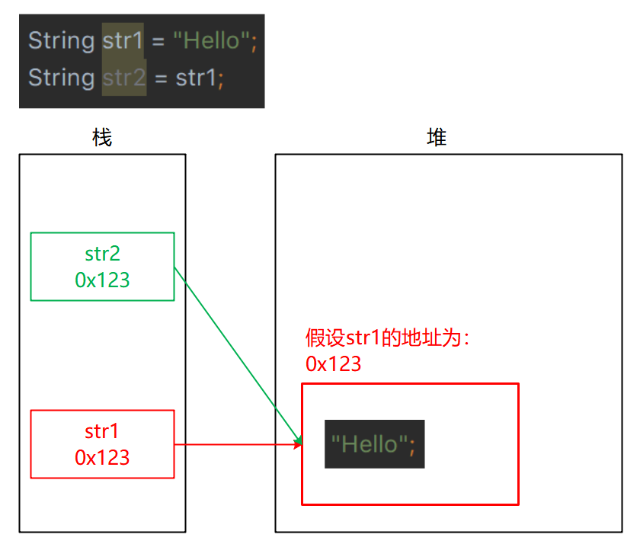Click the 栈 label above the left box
click(101, 138)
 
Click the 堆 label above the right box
click(437, 138)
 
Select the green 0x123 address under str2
click(102, 280)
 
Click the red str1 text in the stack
click(102, 431)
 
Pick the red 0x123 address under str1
click(102, 457)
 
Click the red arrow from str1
click(236, 444)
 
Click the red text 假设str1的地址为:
click(388, 338)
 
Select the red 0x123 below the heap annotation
click(333, 363)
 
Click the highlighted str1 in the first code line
click(123, 40)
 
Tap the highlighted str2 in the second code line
click(123, 78)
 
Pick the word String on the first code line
click(61, 40)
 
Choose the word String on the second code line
click(61, 78)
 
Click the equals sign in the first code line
click(158, 41)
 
